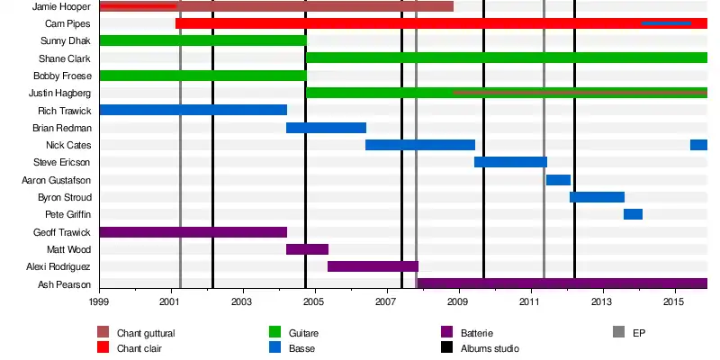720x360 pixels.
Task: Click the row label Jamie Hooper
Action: (x=63, y=6)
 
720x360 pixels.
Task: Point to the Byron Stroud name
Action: (x=64, y=197)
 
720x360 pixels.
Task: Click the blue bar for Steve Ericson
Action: (x=510, y=162)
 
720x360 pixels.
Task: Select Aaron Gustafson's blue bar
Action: (x=558, y=180)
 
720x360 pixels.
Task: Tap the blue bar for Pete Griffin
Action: (x=633, y=214)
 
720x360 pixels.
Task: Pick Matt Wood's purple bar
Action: (x=307, y=249)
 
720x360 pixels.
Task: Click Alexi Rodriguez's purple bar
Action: (x=373, y=266)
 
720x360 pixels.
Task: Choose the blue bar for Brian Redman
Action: (x=326, y=128)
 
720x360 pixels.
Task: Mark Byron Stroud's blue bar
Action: (x=597, y=197)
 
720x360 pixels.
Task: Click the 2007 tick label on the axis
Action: (x=386, y=301)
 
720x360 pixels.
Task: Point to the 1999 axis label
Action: (x=99, y=301)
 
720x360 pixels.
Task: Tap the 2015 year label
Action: (x=673, y=301)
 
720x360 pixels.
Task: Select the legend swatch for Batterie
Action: (x=446, y=333)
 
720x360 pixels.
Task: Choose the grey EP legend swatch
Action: (x=618, y=333)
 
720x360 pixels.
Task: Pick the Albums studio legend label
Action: (x=490, y=347)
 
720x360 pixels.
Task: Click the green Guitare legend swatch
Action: (x=275, y=333)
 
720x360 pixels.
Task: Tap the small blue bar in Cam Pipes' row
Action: (x=666, y=23)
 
